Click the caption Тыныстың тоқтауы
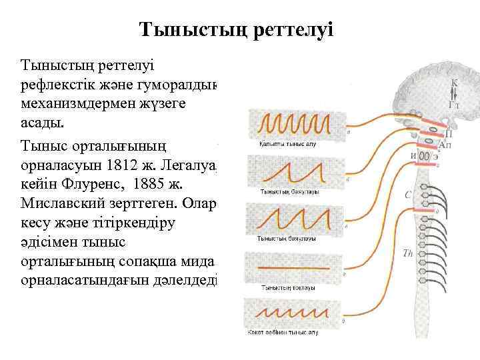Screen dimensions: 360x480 coord(281,287)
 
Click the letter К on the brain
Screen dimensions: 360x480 coord(455,84)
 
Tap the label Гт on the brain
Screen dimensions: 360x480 coord(455,105)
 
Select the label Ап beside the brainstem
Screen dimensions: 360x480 coord(445,145)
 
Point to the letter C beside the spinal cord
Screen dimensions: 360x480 coord(408,195)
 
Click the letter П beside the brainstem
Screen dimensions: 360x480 coord(448,132)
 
